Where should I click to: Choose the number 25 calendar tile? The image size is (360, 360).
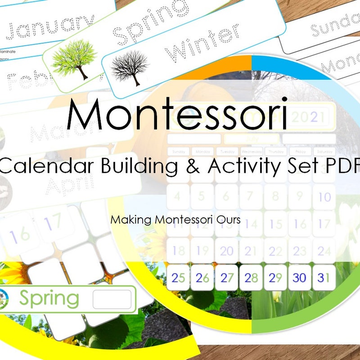click(178, 278)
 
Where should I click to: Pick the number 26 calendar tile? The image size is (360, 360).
click(202, 278)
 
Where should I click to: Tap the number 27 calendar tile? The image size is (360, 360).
click(227, 278)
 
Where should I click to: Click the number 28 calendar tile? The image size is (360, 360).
click(251, 278)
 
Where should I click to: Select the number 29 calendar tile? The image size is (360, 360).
click(275, 278)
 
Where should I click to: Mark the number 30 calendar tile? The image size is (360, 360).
click(300, 278)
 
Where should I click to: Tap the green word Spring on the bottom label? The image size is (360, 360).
click(49, 298)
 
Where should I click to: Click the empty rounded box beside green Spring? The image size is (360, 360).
click(112, 299)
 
